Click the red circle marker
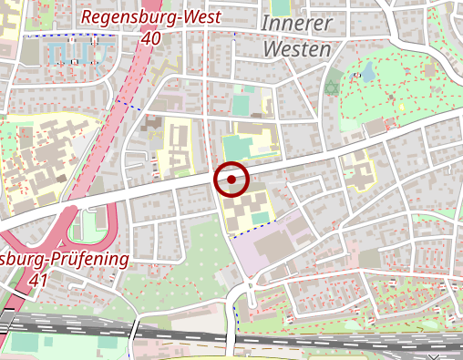click(x=231, y=180)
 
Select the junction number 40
click(x=151, y=38)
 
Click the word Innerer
click(x=298, y=24)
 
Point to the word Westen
click(x=297, y=49)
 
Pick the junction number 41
click(x=37, y=282)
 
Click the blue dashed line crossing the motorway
click(x=131, y=106)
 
